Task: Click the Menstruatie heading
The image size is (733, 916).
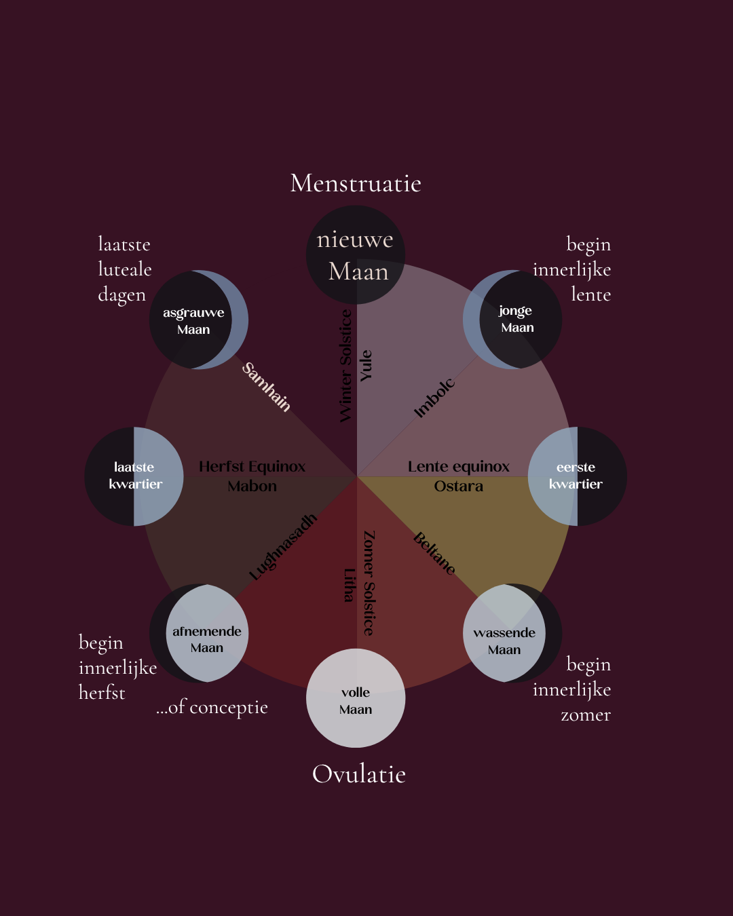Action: pos(356,183)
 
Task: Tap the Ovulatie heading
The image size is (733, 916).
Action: pos(358,774)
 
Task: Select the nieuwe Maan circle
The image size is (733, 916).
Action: pos(356,255)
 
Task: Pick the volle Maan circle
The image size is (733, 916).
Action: pos(356,698)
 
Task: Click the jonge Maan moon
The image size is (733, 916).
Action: pos(512,319)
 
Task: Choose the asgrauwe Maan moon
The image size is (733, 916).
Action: pos(199,319)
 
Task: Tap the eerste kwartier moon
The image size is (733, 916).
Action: pos(577,476)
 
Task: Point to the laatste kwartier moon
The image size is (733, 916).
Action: pos(134,476)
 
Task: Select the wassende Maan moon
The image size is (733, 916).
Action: pos(512,633)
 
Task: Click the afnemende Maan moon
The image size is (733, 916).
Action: pos(199,633)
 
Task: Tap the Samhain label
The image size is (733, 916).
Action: pos(266,387)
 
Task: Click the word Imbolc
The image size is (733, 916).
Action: pos(434,398)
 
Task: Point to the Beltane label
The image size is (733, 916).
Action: pos(434,553)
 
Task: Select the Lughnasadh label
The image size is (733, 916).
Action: pos(283,547)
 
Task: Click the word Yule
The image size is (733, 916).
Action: pos(366,366)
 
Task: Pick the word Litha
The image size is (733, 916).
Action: pos(350,586)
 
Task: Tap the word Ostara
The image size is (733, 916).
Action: pos(458,486)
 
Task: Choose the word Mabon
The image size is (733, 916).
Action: pos(252,486)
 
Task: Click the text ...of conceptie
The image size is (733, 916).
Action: pos(212,708)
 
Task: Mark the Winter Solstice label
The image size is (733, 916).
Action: pos(346,366)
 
